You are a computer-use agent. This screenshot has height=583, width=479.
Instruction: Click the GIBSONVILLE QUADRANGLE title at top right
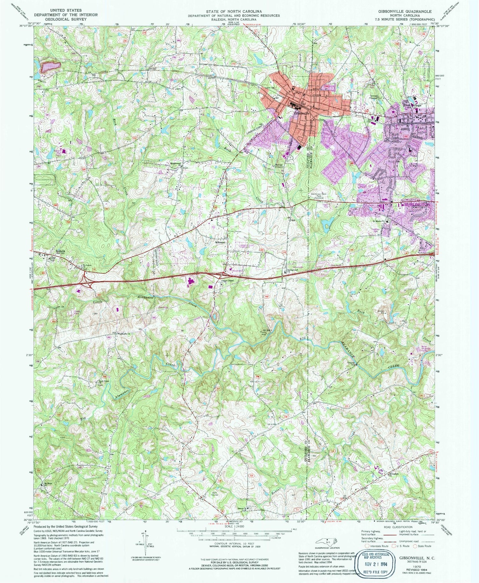click(x=405, y=11)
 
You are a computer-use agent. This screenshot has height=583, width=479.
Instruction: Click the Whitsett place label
click(x=220, y=242)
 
